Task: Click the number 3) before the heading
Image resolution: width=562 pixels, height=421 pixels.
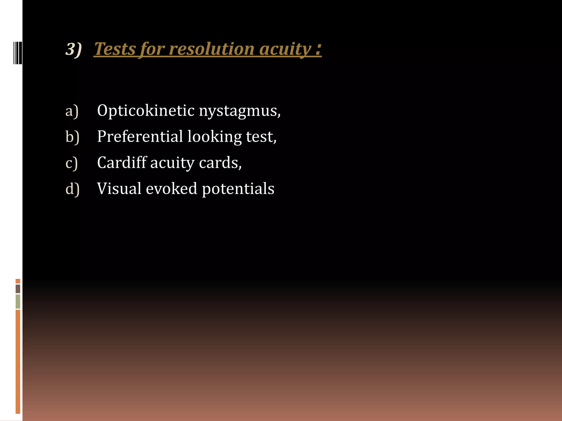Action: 74,49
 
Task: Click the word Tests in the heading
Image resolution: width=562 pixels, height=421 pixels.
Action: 115,49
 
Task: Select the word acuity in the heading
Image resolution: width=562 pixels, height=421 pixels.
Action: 285,49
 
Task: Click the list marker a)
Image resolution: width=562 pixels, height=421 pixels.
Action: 72,111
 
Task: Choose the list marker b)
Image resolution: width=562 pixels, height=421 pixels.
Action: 72,137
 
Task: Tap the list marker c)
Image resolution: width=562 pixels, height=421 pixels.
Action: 72,163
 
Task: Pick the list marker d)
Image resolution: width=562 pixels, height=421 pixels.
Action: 72,189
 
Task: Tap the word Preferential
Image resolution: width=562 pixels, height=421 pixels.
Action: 140,136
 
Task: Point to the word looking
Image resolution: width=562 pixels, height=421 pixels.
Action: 214,137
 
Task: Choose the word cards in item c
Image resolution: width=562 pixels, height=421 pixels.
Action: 220,163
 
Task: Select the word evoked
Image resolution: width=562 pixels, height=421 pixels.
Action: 172,189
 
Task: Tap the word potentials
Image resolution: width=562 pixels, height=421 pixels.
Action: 238,189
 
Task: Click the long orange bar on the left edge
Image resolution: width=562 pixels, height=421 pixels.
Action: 18,362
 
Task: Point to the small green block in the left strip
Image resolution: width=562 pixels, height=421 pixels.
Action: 18,301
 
